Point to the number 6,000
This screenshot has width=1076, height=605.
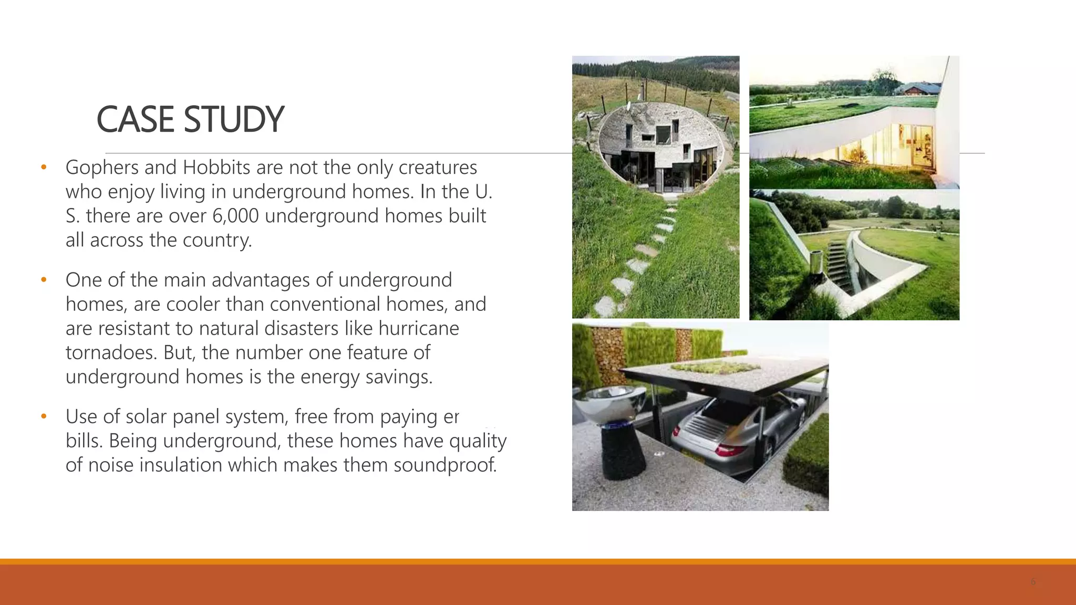(235, 216)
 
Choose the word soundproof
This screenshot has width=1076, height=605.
(445, 465)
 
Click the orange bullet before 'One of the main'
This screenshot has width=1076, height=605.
(44, 279)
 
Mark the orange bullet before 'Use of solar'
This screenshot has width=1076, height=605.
(44, 416)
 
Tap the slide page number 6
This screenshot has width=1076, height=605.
(1033, 582)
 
